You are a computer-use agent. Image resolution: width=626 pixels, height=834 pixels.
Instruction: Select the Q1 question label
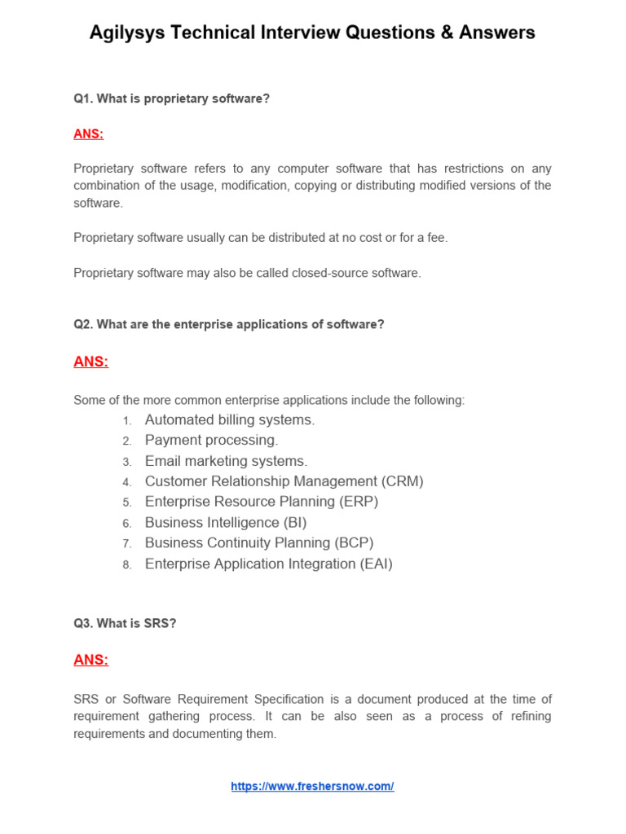[x=83, y=99]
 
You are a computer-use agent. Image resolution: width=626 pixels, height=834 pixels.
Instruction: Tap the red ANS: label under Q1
[x=89, y=134]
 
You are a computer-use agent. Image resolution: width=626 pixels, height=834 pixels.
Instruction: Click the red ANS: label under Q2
[x=90, y=362]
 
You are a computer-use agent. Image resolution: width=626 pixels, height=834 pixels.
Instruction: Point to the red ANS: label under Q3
[x=90, y=660]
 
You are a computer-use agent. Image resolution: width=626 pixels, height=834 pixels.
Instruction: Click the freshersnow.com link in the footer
[x=312, y=787]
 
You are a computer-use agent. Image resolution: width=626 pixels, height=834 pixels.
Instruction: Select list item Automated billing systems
[x=229, y=420]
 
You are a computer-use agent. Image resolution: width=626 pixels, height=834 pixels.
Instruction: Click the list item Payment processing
[x=211, y=441]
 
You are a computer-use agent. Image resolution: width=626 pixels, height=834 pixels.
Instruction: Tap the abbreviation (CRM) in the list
[x=402, y=481]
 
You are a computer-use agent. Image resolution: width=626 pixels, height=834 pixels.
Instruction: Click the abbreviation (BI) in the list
[x=293, y=523]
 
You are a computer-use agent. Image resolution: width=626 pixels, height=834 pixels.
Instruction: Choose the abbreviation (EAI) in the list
[x=375, y=564]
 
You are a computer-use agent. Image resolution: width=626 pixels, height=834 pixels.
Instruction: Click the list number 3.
[x=127, y=462]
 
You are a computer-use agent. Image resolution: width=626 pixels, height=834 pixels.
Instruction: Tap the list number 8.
[x=127, y=564]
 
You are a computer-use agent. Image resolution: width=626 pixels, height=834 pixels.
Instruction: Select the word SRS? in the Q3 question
[x=161, y=623]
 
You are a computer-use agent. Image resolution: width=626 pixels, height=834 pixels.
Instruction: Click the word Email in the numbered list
[x=162, y=461]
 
